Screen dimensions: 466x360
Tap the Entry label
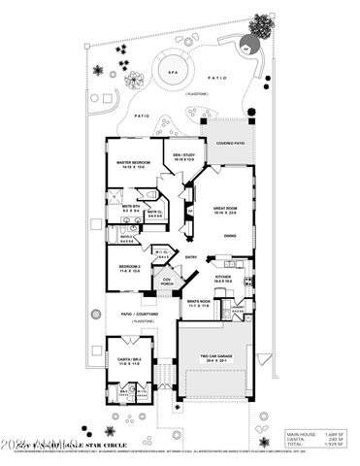point(191,257)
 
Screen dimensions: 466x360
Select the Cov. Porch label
point(167,283)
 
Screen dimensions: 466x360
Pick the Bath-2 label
point(127,237)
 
